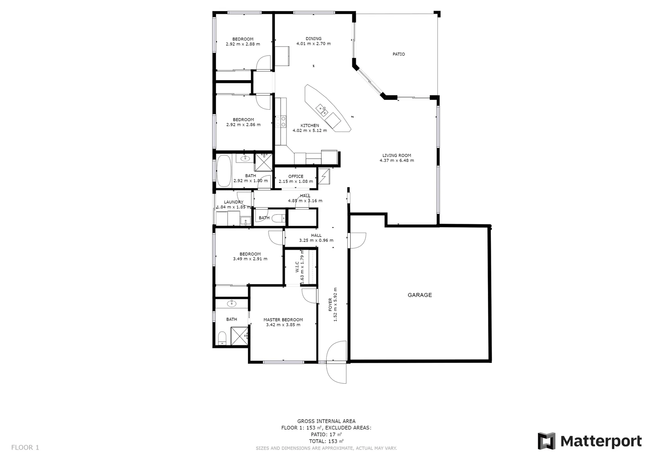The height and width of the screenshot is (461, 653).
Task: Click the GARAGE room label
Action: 420,295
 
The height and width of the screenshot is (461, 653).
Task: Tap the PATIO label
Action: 399,54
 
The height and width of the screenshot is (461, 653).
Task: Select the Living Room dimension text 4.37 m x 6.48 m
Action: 396,161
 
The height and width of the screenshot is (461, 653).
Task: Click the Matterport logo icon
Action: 546,441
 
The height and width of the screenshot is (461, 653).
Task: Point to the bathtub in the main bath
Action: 224,171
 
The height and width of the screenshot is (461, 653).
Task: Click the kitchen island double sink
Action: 322,110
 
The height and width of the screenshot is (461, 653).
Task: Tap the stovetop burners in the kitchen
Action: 280,121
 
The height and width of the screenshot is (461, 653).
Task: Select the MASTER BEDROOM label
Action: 283,320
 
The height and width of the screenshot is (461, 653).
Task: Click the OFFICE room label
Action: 295,176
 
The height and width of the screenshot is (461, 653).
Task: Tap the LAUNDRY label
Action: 233,202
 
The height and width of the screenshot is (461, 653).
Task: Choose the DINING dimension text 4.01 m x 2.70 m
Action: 313,44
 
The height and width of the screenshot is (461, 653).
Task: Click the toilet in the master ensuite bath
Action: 222,338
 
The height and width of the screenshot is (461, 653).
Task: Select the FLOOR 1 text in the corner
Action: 25,448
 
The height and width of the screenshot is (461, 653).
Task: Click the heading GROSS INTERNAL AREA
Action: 326,421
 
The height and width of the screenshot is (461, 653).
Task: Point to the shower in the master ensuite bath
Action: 239,336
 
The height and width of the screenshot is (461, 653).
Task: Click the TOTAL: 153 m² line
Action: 326,441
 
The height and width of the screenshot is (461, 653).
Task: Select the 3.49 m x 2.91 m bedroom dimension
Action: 250,259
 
